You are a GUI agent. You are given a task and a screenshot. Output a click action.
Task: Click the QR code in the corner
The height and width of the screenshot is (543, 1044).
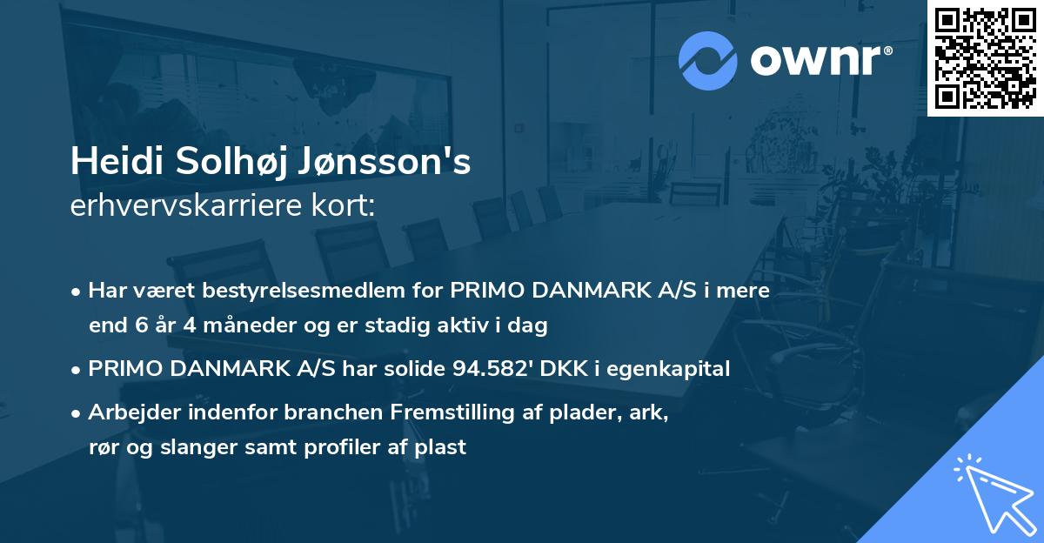[985, 57]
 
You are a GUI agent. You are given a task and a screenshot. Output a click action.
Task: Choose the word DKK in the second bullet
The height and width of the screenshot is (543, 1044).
[563, 369]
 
